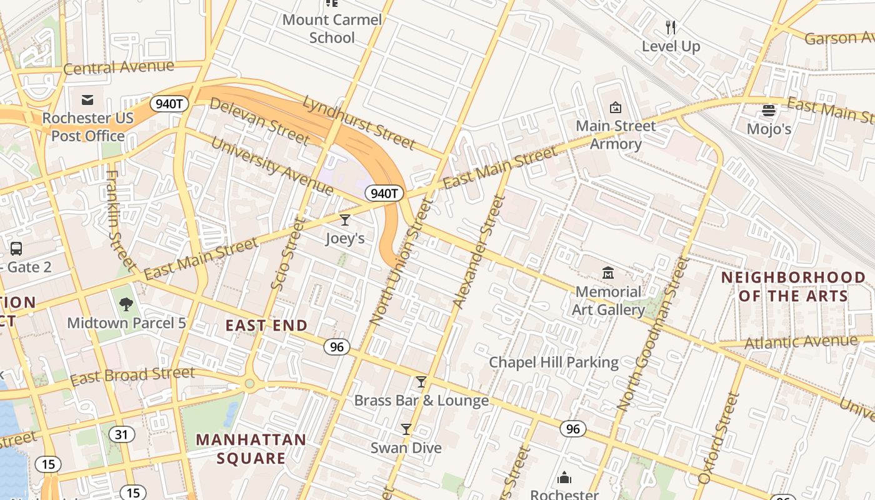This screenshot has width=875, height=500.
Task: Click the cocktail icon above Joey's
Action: pos(344,219)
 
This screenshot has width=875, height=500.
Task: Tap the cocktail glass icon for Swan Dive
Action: pos(406,429)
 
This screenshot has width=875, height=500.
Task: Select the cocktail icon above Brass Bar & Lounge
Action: pos(421,382)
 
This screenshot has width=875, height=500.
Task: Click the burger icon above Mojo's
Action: pos(769,111)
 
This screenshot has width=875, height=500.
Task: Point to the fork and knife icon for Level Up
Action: pos(671,27)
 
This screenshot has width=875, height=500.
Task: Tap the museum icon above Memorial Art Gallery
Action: pos(608,273)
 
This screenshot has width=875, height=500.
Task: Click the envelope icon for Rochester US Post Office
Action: pos(87,100)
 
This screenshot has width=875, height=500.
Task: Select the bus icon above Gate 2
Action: pos(16,249)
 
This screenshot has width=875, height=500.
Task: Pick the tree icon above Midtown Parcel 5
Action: pos(126,304)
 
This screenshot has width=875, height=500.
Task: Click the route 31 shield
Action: pos(121,434)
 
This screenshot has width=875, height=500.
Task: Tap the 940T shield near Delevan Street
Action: pos(169,104)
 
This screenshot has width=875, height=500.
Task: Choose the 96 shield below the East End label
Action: pos(337,346)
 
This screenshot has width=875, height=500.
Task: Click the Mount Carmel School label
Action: pos(332,29)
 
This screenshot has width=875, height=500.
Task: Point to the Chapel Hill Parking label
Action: pos(554,362)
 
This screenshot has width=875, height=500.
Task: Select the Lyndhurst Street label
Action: pos(359,122)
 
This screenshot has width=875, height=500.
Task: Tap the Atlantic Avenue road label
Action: pos(801,342)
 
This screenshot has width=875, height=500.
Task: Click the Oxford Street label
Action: pos(719,438)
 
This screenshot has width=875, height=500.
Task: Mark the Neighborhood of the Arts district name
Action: pos(794,286)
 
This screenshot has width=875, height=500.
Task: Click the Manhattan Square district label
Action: pos(251,449)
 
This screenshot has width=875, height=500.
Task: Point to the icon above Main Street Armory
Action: pos(616,107)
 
